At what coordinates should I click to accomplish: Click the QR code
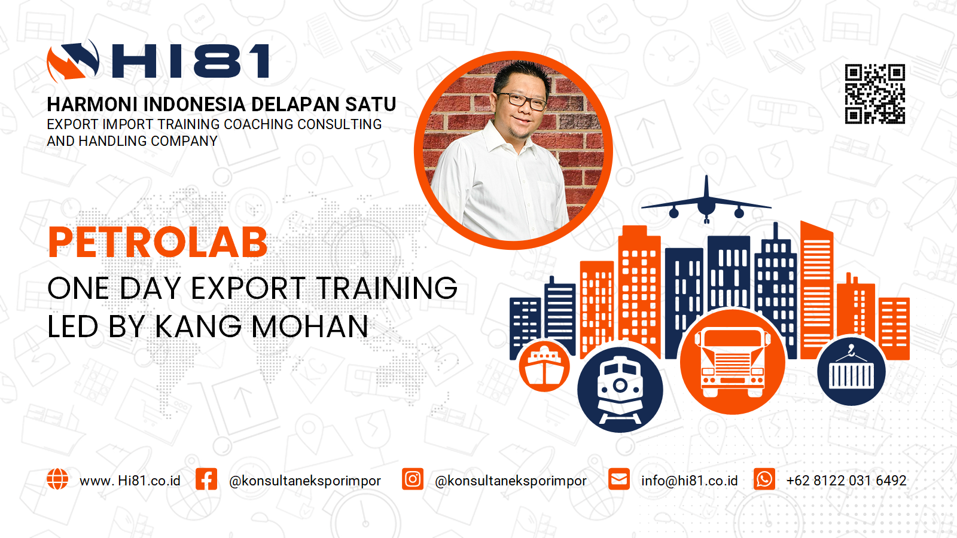pos(875,94)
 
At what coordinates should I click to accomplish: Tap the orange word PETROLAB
pos(158,243)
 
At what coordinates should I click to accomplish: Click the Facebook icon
pos(206,479)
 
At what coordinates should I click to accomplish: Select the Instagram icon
pos(413,479)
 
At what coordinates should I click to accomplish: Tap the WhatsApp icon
pos(764,479)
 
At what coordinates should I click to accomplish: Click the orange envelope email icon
pos(619,479)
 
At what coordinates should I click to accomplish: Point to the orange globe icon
pos(57,479)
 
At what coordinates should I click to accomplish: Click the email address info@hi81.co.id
pos(690,481)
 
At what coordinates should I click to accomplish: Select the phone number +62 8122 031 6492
pos(846,481)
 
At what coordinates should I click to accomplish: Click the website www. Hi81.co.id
pos(130,481)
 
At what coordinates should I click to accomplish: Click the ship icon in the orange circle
pos(544,366)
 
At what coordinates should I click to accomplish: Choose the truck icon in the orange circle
pos(733,363)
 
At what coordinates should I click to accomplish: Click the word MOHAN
pos(310,326)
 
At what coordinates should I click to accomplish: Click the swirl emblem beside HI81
pos(73,60)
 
